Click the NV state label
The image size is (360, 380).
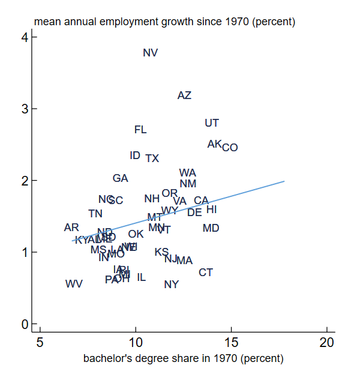pyautogui.click(x=150, y=53)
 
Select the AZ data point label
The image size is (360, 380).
pyautogui.click(x=184, y=95)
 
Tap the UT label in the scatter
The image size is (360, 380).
pyautogui.click(x=212, y=123)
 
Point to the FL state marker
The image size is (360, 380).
pyautogui.click(x=140, y=130)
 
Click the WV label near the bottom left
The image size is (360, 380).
pyautogui.click(x=74, y=283)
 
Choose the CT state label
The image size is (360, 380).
pyautogui.click(x=206, y=273)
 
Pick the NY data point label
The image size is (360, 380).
pyautogui.click(x=171, y=285)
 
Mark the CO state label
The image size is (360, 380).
pyautogui.click(x=230, y=148)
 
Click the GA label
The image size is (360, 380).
pyautogui.click(x=120, y=178)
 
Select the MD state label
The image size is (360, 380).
pyautogui.click(x=211, y=228)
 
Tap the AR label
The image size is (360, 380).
pyautogui.click(x=71, y=228)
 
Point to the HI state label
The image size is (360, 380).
pyautogui.click(x=211, y=210)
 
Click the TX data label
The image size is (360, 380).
pyautogui.click(x=152, y=158)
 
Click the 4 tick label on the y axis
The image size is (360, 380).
pyautogui.click(x=25, y=37)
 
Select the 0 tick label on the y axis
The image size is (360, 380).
pyautogui.click(x=25, y=324)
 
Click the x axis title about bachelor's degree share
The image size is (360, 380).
pyautogui.click(x=183, y=359)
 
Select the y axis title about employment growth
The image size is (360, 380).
pyautogui.click(x=164, y=22)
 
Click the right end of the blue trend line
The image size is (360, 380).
pyautogui.click(x=283, y=181)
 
